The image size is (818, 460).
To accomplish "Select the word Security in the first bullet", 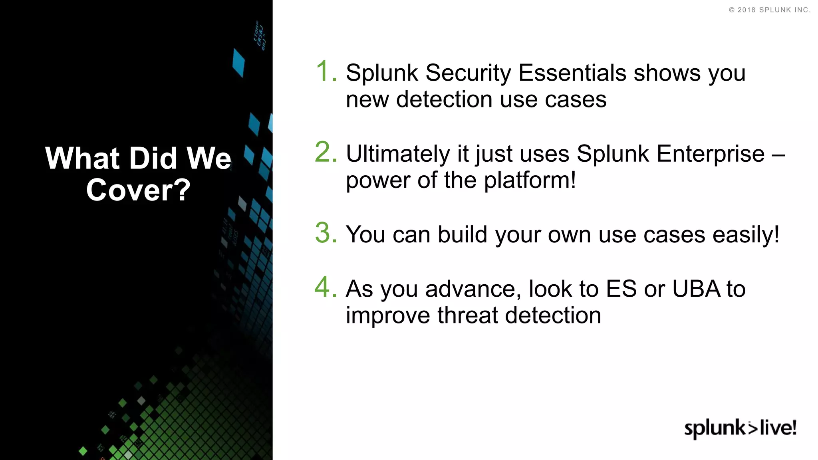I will (x=468, y=74).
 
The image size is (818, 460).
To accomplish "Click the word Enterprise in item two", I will (x=710, y=155).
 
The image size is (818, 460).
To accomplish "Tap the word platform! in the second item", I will (x=530, y=180).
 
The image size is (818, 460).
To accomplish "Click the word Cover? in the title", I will (x=138, y=190).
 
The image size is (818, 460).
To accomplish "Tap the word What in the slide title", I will (x=82, y=158).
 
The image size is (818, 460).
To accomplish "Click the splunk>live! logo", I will (x=740, y=428).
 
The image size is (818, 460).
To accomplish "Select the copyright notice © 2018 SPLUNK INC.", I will (x=769, y=10).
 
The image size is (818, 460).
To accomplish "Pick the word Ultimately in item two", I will (x=398, y=155).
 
